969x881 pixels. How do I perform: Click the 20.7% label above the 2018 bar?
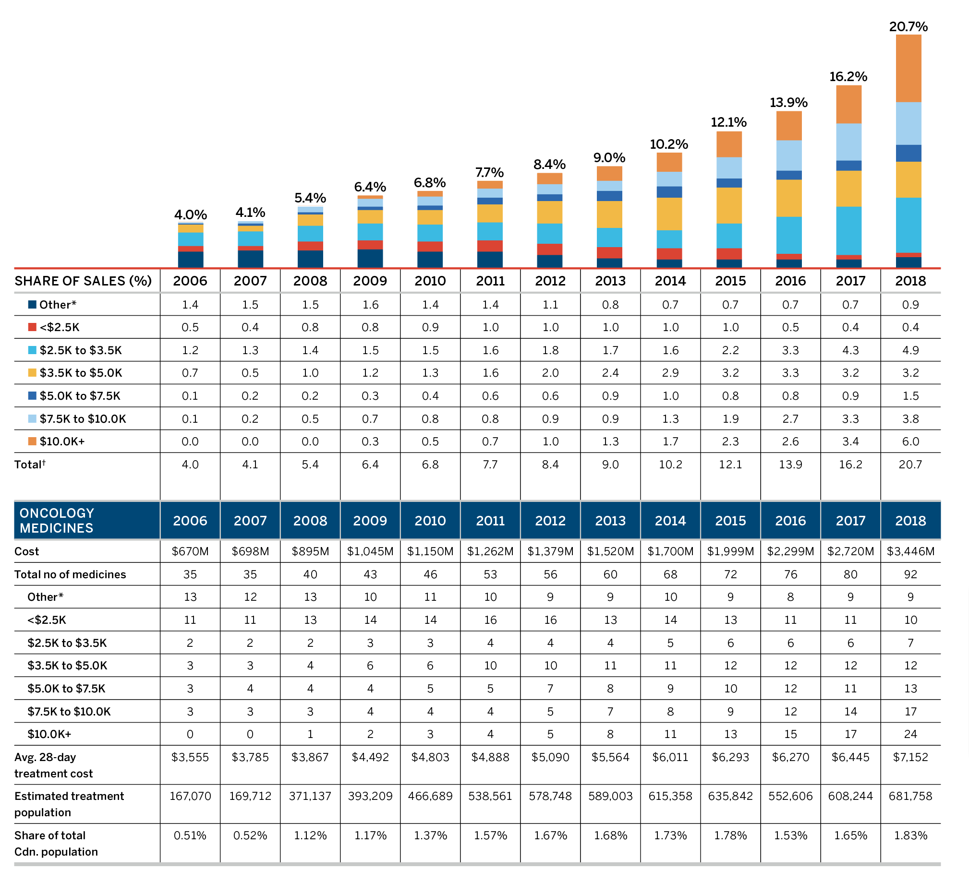pyautogui.click(x=908, y=26)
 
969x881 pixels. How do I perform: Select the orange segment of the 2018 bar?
pyautogui.click(x=908, y=68)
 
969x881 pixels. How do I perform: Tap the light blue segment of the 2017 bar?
pyautogui.click(x=848, y=142)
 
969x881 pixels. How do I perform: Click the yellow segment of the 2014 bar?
pyautogui.click(x=669, y=214)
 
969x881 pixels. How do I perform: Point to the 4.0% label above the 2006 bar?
pyautogui.click(x=190, y=214)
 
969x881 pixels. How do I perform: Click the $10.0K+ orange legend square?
pyautogui.click(x=32, y=441)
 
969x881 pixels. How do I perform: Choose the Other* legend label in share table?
pyautogui.click(x=58, y=305)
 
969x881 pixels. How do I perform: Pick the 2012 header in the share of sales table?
pyautogui.click(x=550, y=281)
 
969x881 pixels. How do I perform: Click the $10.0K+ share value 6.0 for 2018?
pyautogui.click(x=910, y=441)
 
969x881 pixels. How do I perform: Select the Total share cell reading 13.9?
pyautogui.click(x=790, y=464)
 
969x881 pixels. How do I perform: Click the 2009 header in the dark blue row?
pyautogui.click(x=370, y=520)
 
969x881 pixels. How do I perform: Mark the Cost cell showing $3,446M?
pyautogui.click(x=910, y=551)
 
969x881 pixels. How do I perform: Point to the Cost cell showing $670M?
pyautogui.click(x=190, y=551)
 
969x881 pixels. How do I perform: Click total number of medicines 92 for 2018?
pyautogui.click(x=910, y=574)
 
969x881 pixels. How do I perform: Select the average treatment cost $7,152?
pyautogui.click(x=910, y=757)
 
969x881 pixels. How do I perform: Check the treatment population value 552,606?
pyautogui.click(x=790, y=796)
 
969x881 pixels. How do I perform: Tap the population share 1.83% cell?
pyautogui.click(x=910, y=835)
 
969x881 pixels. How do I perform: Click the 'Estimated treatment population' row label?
pyautogui.click(x=69, y=804)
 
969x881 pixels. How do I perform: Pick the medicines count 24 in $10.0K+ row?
pyautogui.click(x=910, y=734)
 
